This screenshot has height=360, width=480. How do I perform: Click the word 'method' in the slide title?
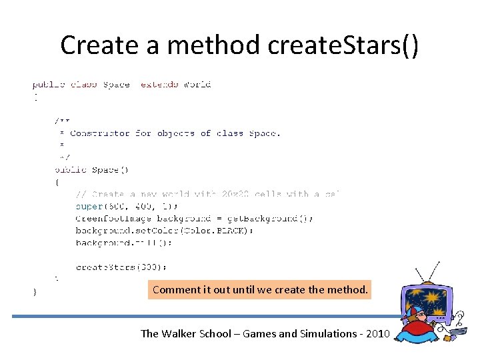point(213,45)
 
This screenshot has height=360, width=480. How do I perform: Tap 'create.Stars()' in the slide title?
point(343,45)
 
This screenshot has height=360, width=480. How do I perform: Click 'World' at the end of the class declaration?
point(197,85)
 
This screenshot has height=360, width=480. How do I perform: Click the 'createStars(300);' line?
point(121,267)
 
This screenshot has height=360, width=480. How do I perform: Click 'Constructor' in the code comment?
point(100,133)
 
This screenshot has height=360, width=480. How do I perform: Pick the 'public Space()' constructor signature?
point(87,170)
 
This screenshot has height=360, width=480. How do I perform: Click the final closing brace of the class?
point(35,291)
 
